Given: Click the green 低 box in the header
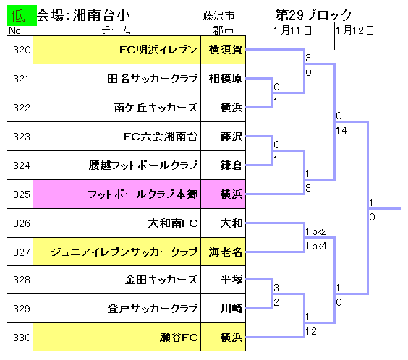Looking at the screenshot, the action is (22, 16).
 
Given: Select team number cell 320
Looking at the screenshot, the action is (20, 50).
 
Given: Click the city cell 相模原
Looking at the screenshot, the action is (224, 79).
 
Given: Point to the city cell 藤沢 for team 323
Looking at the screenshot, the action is (224, 136).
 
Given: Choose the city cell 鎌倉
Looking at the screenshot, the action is (224, 166).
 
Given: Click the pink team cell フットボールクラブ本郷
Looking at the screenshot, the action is (117, 194).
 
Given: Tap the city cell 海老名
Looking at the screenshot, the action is (224, 252).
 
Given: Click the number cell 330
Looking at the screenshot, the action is (20, 337).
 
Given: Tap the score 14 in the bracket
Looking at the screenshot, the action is (341, 130).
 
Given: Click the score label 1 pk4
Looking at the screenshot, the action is (316, 246).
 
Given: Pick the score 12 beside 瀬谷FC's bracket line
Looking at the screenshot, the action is (311, 331).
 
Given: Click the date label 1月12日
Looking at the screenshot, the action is (354, 30).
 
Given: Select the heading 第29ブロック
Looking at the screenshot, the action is (313, 14).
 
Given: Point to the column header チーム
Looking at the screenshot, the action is (116, 30).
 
